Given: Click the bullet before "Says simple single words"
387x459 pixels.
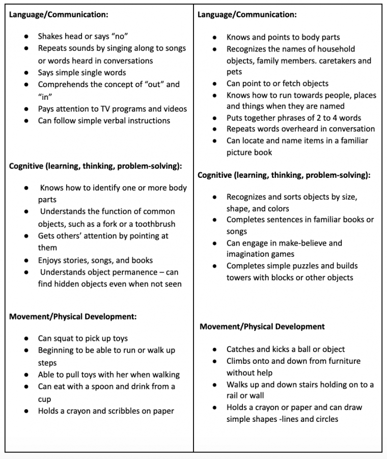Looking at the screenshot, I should pyautogui.click(x=26, y=72).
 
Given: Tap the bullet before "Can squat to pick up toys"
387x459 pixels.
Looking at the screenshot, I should pyautogui.click(x=26, y=338).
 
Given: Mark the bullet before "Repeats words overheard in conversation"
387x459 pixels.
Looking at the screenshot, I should pyautogui.click(x=215, y=129).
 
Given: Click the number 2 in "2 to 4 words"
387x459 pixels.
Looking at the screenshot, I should pyautogui.click(x=307, y=118).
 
